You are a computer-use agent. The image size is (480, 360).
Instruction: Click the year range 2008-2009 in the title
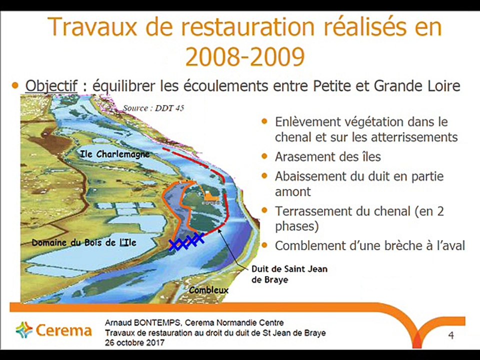(245, 56)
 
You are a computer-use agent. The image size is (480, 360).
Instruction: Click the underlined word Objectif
(51, 85)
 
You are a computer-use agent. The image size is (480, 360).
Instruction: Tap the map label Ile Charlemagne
(115, 154)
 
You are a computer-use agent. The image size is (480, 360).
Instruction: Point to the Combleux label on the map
(208, 290)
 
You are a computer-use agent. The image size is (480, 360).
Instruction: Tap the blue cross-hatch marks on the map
(185, 241)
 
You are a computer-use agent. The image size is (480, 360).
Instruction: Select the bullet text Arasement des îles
(327, 157)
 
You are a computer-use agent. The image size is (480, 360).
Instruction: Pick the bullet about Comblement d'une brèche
(370, 245)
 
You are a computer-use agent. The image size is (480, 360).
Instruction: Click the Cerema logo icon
(23, 330)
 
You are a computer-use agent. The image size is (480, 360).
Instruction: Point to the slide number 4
(451, 335)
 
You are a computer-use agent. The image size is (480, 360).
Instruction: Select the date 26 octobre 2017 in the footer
(134, 343)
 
